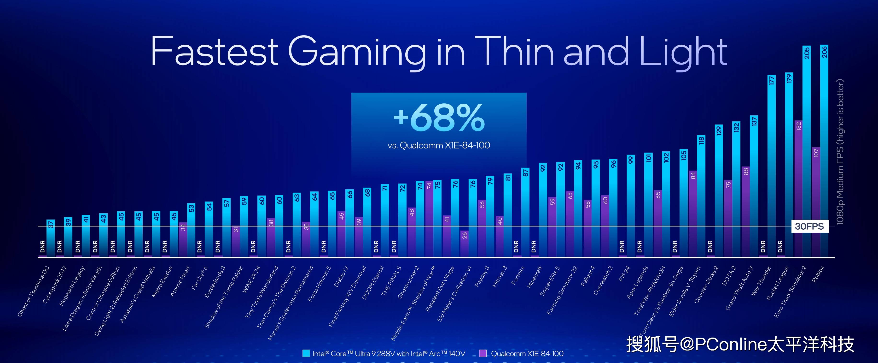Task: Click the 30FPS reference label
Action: pyautogui.click(x=809, y=226)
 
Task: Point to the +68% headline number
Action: pyautogui.click(x=439, y=118)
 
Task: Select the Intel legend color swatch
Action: pyautogui.click(x=306, y=353)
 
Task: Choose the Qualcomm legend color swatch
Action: pyautogui.click(x=483, y=353)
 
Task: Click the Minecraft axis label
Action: pyautogui.click(x=535, y=277)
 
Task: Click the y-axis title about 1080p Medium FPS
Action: pyautogui.click(x=840, y=152)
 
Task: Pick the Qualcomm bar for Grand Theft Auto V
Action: pyautogui.click(x=745, y=212)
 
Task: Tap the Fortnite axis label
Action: pyautogui.click(x=518, y=276)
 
